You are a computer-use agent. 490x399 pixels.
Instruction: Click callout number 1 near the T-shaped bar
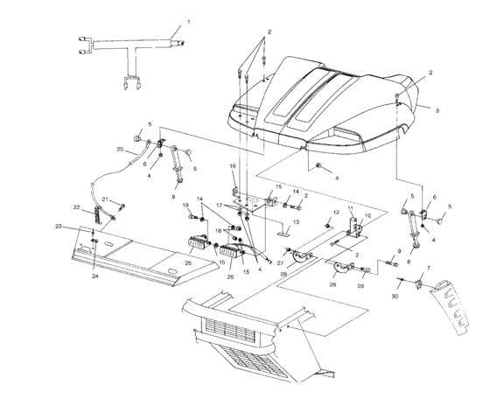(x=188, y=22)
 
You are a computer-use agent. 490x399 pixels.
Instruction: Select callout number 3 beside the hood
(x=437, y=110)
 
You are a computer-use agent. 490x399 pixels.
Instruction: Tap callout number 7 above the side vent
(x=429, y=268)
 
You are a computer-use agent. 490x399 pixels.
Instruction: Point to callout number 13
(x=296, y=222)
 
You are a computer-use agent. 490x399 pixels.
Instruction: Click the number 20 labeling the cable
(x=121, y=150)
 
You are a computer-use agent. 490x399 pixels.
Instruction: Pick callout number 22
(x=77, y=206)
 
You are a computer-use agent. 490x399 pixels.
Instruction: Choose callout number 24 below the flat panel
(x=95, y=276)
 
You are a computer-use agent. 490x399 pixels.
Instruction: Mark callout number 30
(x=395, y=297)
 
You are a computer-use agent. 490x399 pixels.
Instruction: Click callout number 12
(x=336, y=213)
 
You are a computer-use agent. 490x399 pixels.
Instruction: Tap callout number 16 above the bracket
(x=233, y=166)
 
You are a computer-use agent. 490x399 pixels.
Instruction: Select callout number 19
(x=185, y=205)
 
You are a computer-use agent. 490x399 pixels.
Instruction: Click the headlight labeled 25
(x=198, y=242)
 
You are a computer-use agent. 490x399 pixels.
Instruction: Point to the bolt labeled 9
(x=393, y=263)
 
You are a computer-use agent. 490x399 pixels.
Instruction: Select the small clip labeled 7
(x=418, y=284)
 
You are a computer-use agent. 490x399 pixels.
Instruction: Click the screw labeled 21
(x=122, y=206)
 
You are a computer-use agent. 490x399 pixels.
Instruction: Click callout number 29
(x=360, y=286)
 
